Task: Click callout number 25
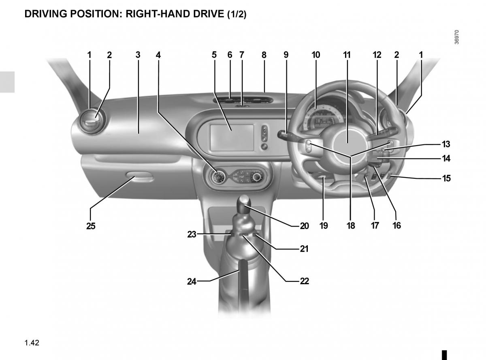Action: [91, 226]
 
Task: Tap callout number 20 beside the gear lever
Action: [304, 226]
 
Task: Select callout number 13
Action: [446, 144]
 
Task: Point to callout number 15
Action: [446, 178]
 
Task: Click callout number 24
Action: [192, 281]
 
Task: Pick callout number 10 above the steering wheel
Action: [316, 55]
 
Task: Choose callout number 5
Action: [214, 55]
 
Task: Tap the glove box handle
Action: [139, 176]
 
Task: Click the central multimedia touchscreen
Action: [232, 137]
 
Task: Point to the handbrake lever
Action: [243, 283]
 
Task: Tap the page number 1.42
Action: [32, 343]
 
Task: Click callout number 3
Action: [138, 55]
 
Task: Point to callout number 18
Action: [351, 225]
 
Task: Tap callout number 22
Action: [304, 281]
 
